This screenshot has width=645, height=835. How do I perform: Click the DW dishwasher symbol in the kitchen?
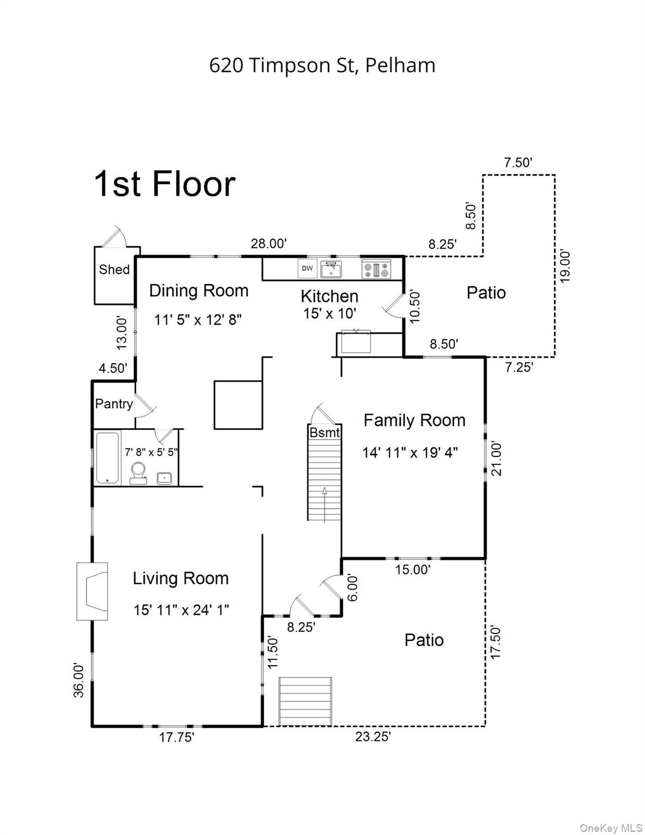[x=307, y=268]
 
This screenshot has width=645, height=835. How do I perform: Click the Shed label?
[x=114, y=270]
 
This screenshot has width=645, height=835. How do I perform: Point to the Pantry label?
[x=114, y=404]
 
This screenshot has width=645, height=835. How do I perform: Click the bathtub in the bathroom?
[x=108, y=458]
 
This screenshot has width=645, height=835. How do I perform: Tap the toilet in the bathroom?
[x=138, y=473]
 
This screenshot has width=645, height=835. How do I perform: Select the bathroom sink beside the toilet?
[x=165, y=478]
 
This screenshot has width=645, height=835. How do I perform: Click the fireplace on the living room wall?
[x=92, y=591]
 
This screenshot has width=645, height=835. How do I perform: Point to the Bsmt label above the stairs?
[x=325, y=433]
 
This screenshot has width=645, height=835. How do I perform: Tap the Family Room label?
[x=414, y=420]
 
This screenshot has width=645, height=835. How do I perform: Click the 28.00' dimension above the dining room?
[x=269, y=243]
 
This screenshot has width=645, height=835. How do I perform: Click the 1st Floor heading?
[x=165, y=184]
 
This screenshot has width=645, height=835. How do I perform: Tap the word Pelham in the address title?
[x=400, y=65]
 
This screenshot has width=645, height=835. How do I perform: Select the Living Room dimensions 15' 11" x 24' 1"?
[x=181, y=610]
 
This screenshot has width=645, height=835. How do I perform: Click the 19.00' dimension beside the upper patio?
[x=565, y=267]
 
